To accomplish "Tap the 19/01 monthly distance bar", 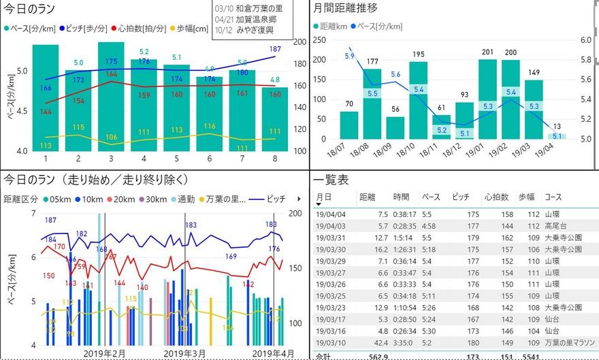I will click(487, 99).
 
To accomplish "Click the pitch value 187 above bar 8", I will click(276, 50).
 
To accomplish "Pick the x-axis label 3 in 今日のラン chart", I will click(111, 159).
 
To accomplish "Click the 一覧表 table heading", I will click(331, 180).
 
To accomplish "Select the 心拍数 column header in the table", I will click(495, 197).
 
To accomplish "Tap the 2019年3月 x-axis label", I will click(185, 353).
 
